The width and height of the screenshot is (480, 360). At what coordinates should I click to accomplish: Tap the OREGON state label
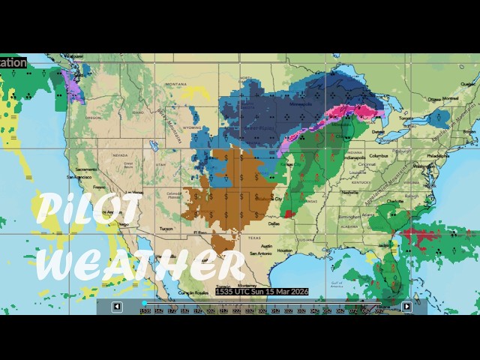point(93,118)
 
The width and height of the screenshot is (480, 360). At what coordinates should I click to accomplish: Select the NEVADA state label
point(120,155)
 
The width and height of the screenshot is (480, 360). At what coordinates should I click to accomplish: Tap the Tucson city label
point(166,229)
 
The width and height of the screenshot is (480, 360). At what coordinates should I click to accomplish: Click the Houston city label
point(284,250)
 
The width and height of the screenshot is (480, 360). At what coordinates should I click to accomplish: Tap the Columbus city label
point(377,155)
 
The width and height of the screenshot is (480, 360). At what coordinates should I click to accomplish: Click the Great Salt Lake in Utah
point(154,144)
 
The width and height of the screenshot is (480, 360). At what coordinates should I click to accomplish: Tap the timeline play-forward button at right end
point(406,306)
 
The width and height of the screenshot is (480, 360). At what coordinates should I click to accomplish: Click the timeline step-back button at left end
point(117,306)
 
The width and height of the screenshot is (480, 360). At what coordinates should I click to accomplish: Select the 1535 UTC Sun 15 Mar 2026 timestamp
point(261,291)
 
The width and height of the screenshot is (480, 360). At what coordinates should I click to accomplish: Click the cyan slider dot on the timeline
point(144,304)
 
